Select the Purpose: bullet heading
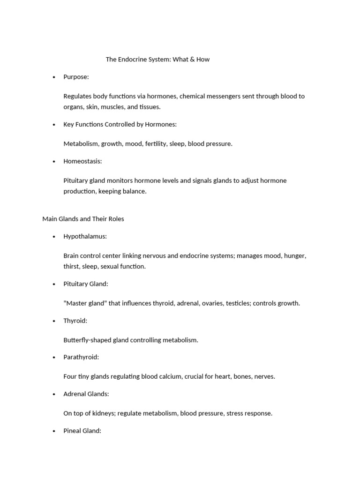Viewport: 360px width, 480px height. pyautogui.click(x=76, y=77)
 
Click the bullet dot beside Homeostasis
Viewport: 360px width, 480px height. pyautogui.click(x=54, y=161)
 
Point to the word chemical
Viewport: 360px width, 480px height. pyautogui.click(x=193, y=96)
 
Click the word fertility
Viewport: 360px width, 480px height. pyautogui.click(x=156, y=144)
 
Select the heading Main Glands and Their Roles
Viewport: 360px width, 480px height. pyautogui.click(x=83, y=219)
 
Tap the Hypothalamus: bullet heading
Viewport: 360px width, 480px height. pyautogui.click(x=85, y=237)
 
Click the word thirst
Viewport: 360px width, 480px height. pyautogui.click(x=72, y=266)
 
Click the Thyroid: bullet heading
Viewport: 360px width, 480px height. pyautogui.click(x=75, y=321)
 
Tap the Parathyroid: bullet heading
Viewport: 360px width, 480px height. pyautogui.click(x=81, y=357)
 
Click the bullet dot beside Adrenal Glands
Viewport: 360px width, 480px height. pyautogui.click(x=54, y=394)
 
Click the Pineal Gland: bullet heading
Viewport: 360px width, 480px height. pyautogui.click(x=82, y=431)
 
